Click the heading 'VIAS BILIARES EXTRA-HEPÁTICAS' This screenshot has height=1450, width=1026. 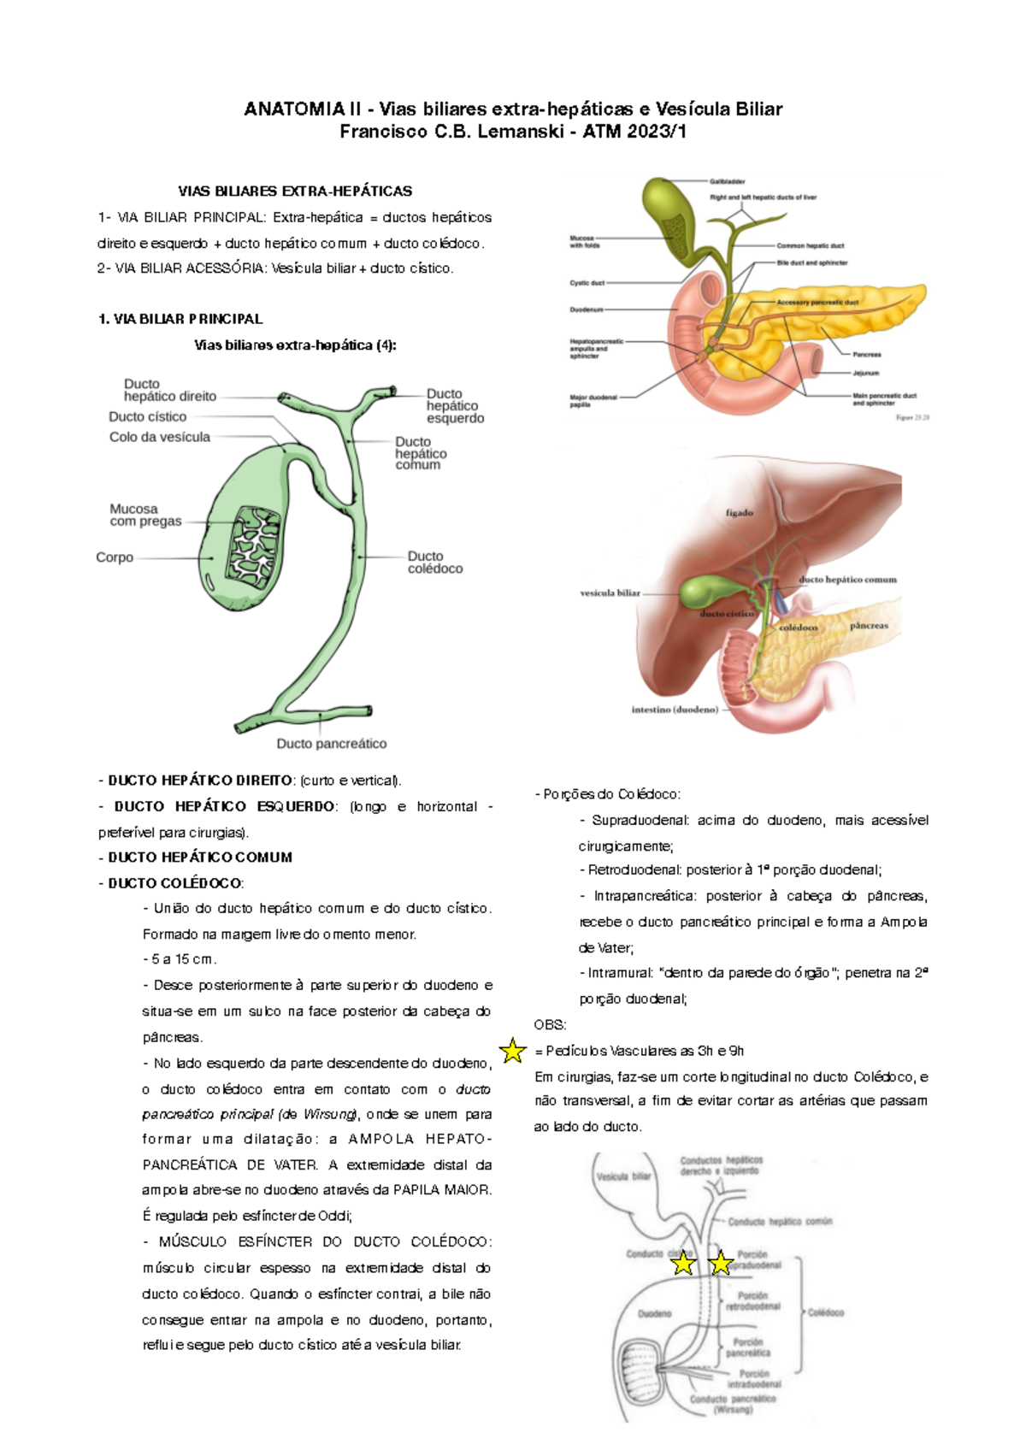[295, 191]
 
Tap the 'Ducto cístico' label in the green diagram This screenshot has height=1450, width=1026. [147, 416]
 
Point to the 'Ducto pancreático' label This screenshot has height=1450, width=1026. [331, 744]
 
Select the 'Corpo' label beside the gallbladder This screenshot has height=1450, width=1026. [115, 557]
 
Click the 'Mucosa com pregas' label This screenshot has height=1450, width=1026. [145, 515]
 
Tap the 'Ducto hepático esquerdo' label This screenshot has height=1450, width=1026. [455, 406]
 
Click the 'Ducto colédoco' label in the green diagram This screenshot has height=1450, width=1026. [434, 562]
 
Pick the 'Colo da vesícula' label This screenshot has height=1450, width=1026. [159, 437]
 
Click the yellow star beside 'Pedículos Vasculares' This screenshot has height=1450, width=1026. [512, 1051]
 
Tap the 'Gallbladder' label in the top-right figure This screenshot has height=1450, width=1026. [727, 181]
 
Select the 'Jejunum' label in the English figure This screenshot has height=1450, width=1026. [865, 373]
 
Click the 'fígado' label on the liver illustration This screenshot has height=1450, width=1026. [740, 513]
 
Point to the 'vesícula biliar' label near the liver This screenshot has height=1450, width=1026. [610, 592]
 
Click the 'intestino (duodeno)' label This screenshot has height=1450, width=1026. [675, 710]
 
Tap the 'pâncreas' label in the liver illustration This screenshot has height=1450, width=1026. [869, 625]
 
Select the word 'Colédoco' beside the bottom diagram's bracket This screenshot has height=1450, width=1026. [826, 1312]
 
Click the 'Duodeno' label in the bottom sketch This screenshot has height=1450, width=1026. [654, 1313]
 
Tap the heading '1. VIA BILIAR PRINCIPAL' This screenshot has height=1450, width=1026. [180, 319]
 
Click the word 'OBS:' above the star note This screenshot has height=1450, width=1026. [550, 1024]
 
